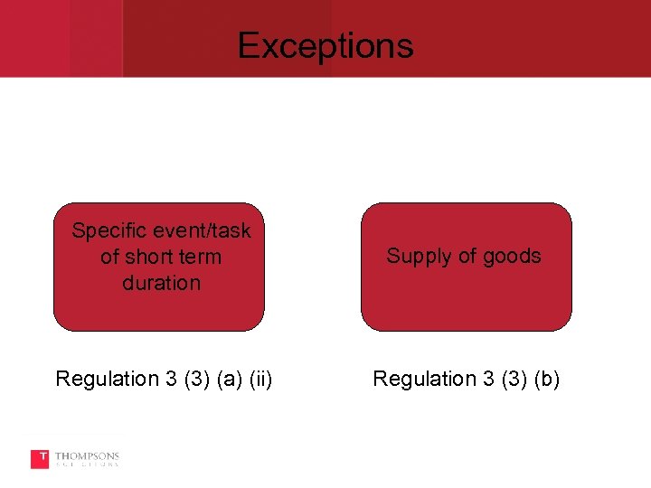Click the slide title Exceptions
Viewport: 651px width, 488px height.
point(325,45)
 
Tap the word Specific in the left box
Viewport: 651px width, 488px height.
point(104,231)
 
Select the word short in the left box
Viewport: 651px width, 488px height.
point(150,257)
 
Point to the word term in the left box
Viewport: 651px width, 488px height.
point(201,257)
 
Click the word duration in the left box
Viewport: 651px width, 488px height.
point(161,283)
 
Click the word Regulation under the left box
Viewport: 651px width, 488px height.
point(105,379)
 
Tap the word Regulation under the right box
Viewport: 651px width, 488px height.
point(422,379)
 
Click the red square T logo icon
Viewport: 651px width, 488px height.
point(40,459)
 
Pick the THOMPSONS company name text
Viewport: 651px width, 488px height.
point(87,456)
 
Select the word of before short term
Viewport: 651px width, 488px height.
point(110,257)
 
